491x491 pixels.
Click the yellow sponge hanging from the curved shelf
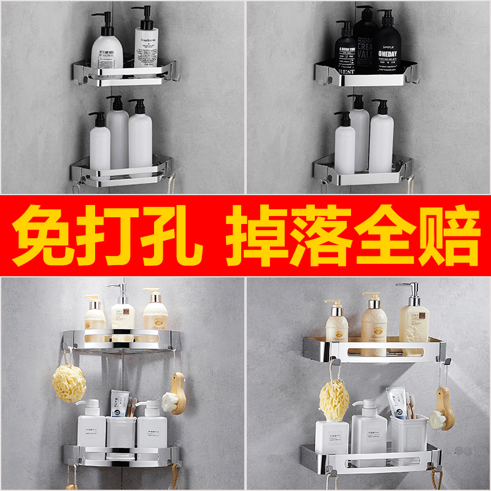pyautogui.click(x=69, y=383)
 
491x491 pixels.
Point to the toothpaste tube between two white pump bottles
pyautogui.click(x=120, y=403)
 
